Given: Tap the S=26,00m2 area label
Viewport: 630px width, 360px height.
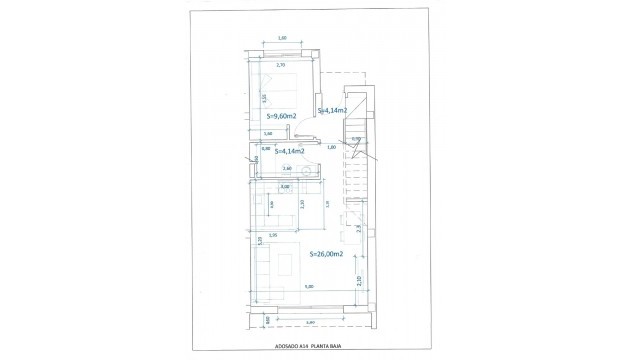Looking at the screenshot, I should pos(326,255).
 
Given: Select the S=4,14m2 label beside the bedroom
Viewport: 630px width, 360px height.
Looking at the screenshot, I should pos(332,110).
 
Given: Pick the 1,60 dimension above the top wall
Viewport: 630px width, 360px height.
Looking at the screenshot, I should pos(282,38).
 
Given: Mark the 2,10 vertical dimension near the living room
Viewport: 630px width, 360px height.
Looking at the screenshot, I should pos(359,281).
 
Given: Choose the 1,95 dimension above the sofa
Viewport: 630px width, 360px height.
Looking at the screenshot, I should pos(272,236).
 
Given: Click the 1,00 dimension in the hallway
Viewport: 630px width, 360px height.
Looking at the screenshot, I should pos(331,147).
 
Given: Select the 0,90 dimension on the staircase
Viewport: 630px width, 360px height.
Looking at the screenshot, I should pos(355,139).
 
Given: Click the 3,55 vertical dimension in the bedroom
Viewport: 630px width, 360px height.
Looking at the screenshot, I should pos(264,99).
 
